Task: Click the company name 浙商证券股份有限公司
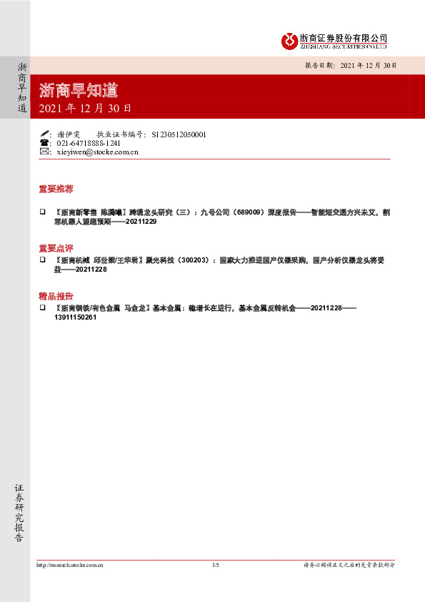click(344, 37)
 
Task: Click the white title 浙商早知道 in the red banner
click(79, 91)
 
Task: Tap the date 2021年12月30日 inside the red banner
click(84, 109)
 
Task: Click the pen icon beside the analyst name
click(45, 134)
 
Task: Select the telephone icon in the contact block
click(45, 143)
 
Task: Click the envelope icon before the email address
click(45, 152)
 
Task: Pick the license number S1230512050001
click(179, 134)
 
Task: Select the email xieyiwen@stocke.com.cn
click(96, 152)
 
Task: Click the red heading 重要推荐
click(56, 189)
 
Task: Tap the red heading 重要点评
click(56, 247)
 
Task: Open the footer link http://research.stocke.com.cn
click(70, 565)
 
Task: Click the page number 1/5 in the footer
click(216, 565)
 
